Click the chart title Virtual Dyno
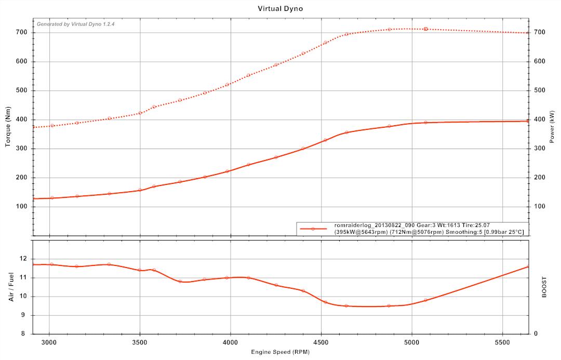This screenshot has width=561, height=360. [280, 8]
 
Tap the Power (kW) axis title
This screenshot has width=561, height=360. [552, 127]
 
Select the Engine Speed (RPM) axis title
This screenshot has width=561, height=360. [280, 352]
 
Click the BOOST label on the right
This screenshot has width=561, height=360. [544, 287]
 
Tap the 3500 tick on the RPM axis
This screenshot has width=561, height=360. [140, 343]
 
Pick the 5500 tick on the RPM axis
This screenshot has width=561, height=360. [502, 343]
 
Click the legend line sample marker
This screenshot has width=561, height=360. [313, 229]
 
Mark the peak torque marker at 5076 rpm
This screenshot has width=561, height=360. [425, 29]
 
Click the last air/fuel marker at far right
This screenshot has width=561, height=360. [528, 266]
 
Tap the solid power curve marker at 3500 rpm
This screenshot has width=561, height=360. [140, 190]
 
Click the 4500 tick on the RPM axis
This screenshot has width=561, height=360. [321, 343]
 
